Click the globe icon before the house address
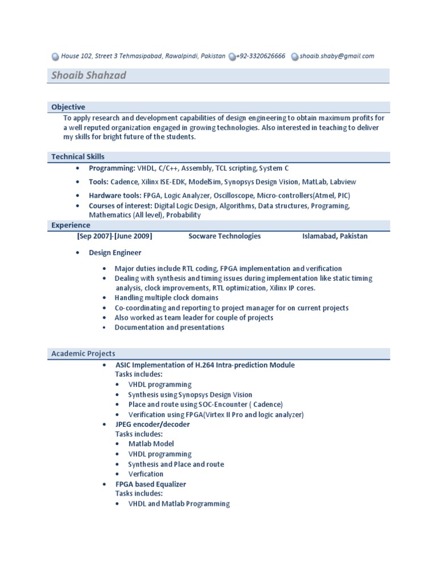click(x=55, y=57)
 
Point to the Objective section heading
click(x=68, y=107)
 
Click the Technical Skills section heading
click(x=78, y=156)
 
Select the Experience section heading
click(x=71, y=225)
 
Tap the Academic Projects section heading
click(x=83, y=354)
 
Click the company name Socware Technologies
click(x=224, y=236)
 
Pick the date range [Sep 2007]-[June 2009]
click(x=114, y=236)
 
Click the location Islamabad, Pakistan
click(x=335, y=236)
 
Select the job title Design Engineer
click(x=115, y=252)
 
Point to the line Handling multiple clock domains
click(x=166, y=298)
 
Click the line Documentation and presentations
click(x=170, y=327)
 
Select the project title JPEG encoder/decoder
click(x=152, y=425)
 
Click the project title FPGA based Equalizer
click(x=151, y=484)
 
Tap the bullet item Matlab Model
click(x=151, y=444)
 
